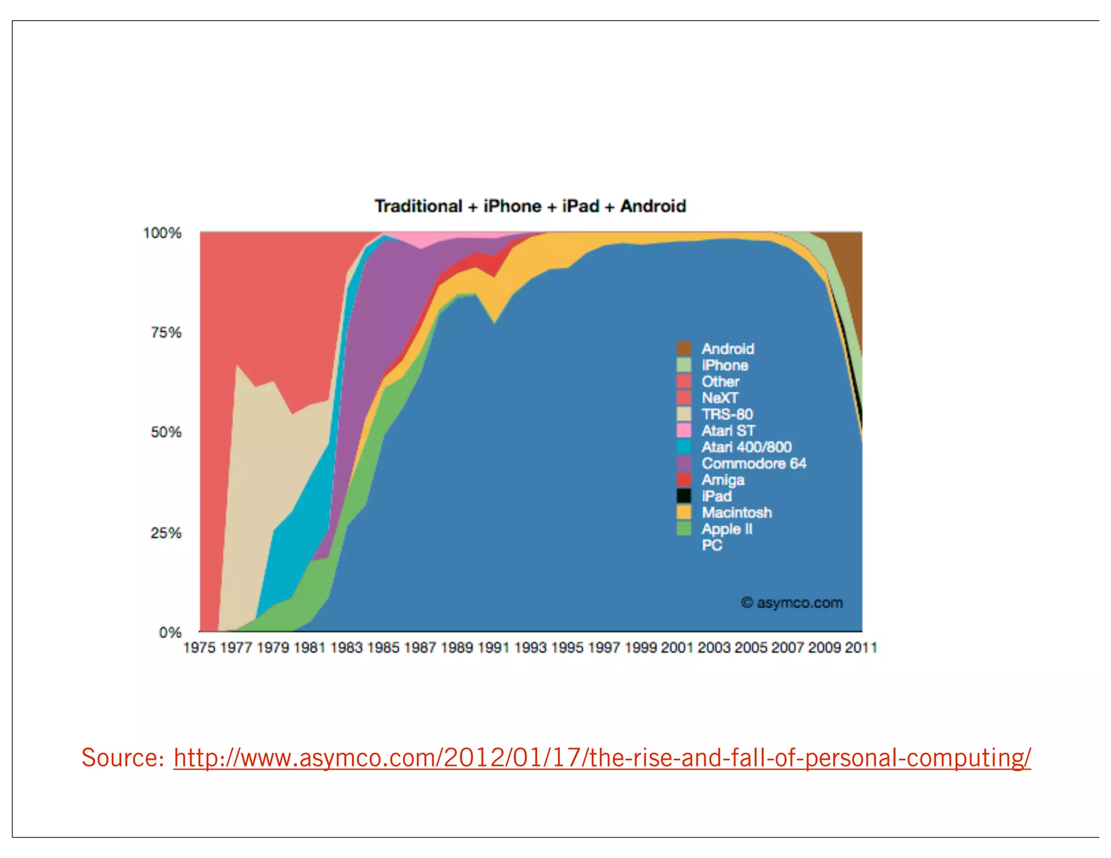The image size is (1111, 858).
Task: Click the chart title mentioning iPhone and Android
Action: [530, 206]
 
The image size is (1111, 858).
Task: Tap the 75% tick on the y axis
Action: [166, 332]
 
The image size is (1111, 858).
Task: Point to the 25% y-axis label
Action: [166, 533]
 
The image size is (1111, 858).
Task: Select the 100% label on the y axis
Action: [162, 233]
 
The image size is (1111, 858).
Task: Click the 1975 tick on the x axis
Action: [199, 648]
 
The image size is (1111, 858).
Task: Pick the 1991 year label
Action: [494, 648]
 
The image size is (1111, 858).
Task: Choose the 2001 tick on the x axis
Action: [677, 648]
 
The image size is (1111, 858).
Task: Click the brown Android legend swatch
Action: [684, 349]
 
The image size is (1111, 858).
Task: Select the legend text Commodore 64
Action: [754, 464]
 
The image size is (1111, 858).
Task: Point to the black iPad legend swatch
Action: [684, 496]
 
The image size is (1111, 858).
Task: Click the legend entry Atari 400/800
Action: [746, 447]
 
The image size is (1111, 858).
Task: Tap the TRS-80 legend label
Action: [727, 414]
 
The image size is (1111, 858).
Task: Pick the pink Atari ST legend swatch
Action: [684, 431]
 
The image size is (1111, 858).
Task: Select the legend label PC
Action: [712, 546]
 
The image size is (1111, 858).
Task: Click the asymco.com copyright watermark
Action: [792, 603]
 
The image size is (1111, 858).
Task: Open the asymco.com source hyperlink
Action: [602, 758]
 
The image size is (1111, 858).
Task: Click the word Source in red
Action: [123, 758]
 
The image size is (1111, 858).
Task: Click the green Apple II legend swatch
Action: [684, 529]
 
